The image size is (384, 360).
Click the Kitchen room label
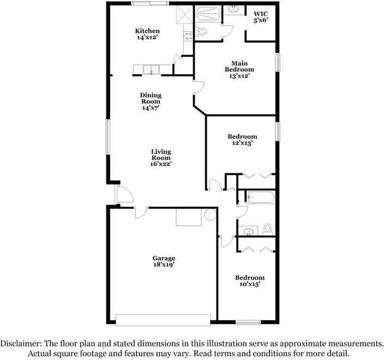[148, 34]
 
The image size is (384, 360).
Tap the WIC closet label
[260, 17]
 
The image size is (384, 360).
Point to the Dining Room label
[151, 101]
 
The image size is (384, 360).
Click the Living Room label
[161, 158]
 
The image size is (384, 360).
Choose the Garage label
[164, 261]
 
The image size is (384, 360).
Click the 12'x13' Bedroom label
[243, 140]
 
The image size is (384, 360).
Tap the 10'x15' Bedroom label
[250, 281]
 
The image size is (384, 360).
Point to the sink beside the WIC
[234, 9]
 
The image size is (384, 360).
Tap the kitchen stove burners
[188, 35]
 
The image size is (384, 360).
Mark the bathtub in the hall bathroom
[260, 197]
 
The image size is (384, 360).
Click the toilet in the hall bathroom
[268, 228]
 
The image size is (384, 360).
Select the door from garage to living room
[140, 212]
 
